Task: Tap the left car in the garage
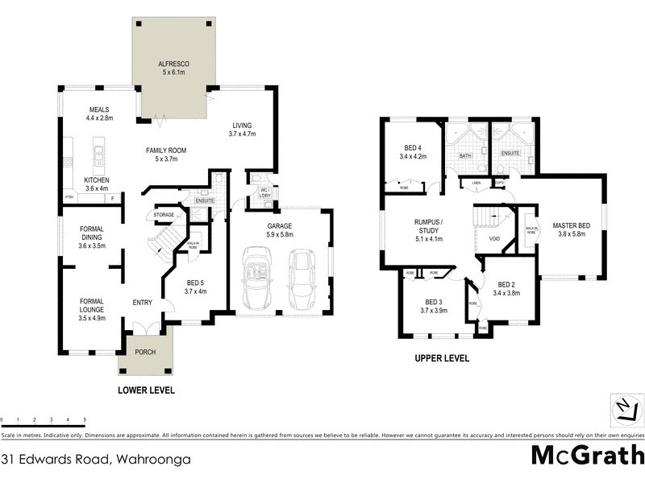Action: coord(259,279)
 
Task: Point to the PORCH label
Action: coord(146,352)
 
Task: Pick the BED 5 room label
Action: coord(195,283)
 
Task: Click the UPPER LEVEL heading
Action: coord(441,359)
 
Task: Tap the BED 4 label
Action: coord(411,147)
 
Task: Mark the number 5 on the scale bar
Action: coord(84,420)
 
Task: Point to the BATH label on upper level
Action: coord(465,155)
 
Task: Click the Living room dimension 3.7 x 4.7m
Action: coord(242,134)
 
